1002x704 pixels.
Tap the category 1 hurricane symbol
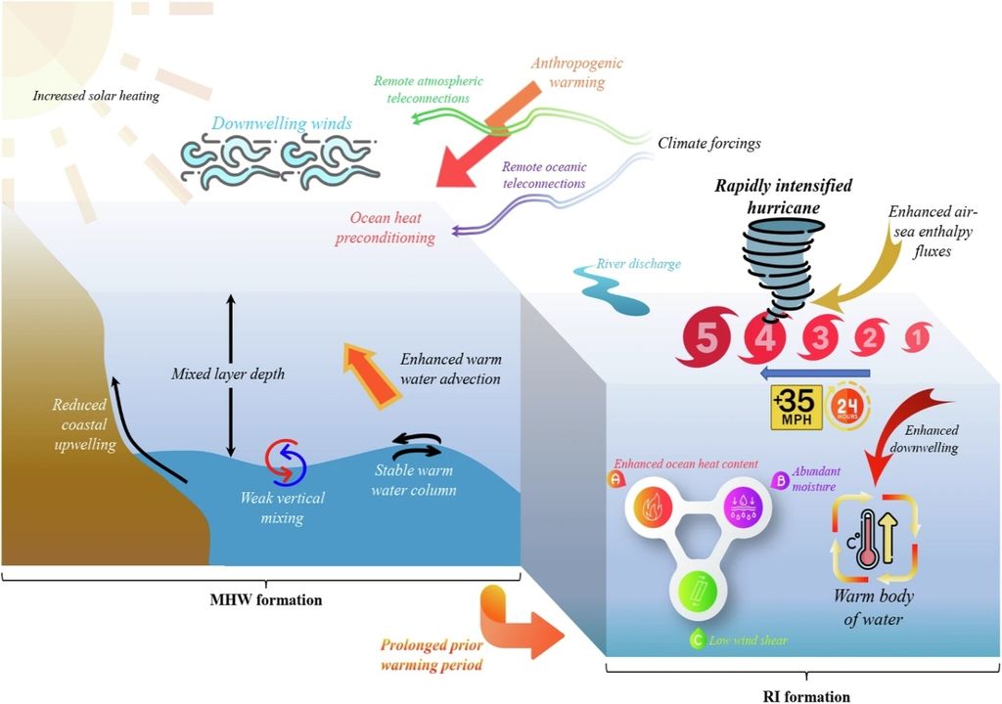tap(916, 339)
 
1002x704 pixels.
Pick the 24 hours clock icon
tap(847, 406)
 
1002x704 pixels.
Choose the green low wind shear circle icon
tap(698, 593)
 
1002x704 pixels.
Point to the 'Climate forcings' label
tap(708, 143)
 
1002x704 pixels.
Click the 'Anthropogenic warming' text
tap(577, 71)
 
